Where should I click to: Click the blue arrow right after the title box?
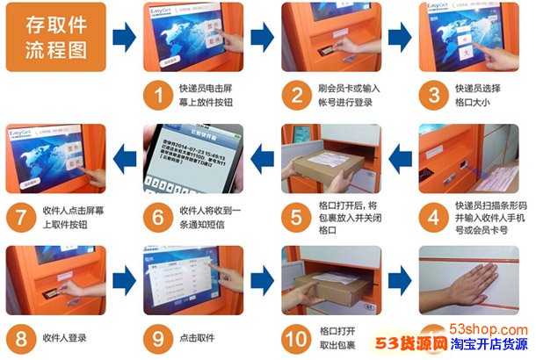point(125,37)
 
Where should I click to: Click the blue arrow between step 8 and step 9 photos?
point(125,281)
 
